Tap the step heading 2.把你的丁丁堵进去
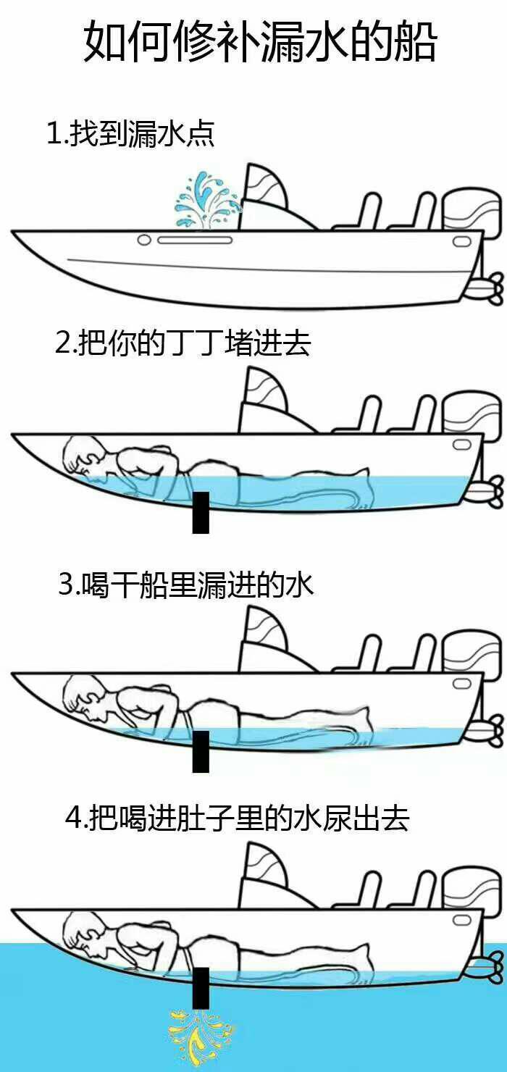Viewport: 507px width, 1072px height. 183,343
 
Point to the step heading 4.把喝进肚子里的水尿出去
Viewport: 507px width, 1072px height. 237,818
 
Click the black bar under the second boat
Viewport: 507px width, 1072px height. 201,512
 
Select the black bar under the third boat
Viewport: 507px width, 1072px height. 201,751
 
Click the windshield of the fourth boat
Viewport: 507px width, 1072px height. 268,876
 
